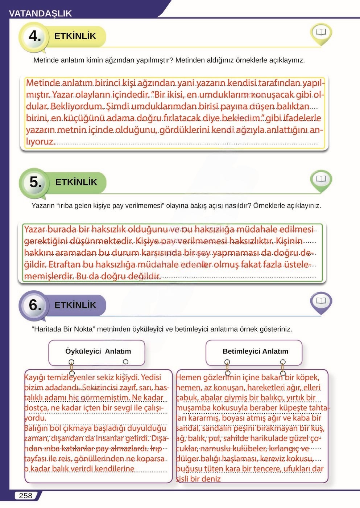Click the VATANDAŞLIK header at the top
40,13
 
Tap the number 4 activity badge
34,36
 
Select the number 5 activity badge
35,182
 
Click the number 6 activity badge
35,305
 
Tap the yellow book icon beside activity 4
321,33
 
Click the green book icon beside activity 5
321,180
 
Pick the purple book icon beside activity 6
321,301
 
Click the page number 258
25,496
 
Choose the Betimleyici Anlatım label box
255,351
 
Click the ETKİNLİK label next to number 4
75,36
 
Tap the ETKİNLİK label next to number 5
76,182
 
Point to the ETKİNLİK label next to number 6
75,305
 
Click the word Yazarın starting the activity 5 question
43,206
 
